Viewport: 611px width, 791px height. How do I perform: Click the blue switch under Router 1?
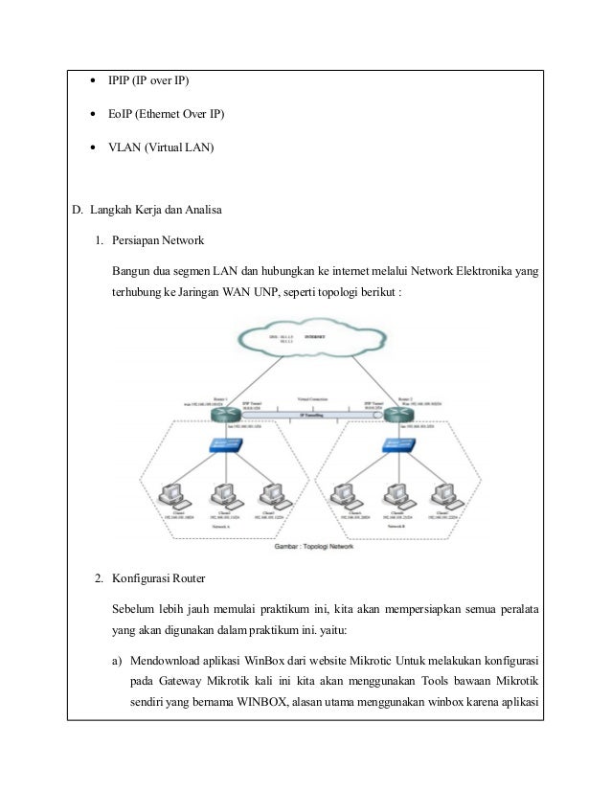[226, 447]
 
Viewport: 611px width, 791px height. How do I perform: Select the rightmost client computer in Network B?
[442, 496]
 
